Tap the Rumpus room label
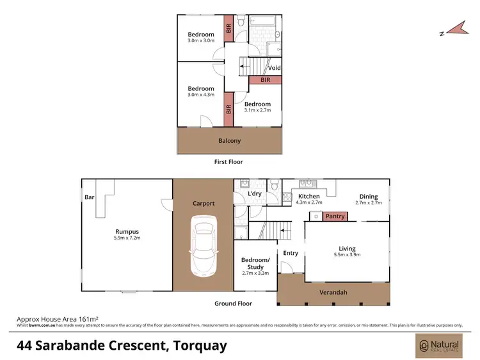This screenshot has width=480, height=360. pyautogui.click(x=127, y=231)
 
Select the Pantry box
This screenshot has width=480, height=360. pyautogui.click(x=335, y=217)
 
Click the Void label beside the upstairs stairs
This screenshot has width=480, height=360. pyautogui.click(x=274, y=68)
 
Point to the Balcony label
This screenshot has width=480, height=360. pyautogui.click(x=229, y=141)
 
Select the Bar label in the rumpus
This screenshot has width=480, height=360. pyautogui.click(x=88, y=197)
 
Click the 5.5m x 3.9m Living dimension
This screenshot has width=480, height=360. pyautogui.click(x=347, y=256)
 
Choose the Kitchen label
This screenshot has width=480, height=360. pyautogui.click(x=309, y=197)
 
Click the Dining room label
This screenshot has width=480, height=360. pyautogui.click(x=368, y=197)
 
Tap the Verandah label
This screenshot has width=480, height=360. pyautogui.click(x=333, y=293)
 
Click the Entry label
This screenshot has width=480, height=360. pyautogui.click(x=291, y=253)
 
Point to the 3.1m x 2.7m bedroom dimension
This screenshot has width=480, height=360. pyautogui.click(x=257, y=110)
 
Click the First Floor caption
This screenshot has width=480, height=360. pyautogui.click(x=228, y=162)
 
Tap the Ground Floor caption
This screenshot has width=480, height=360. pyautogui.click(x=233, y=304)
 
